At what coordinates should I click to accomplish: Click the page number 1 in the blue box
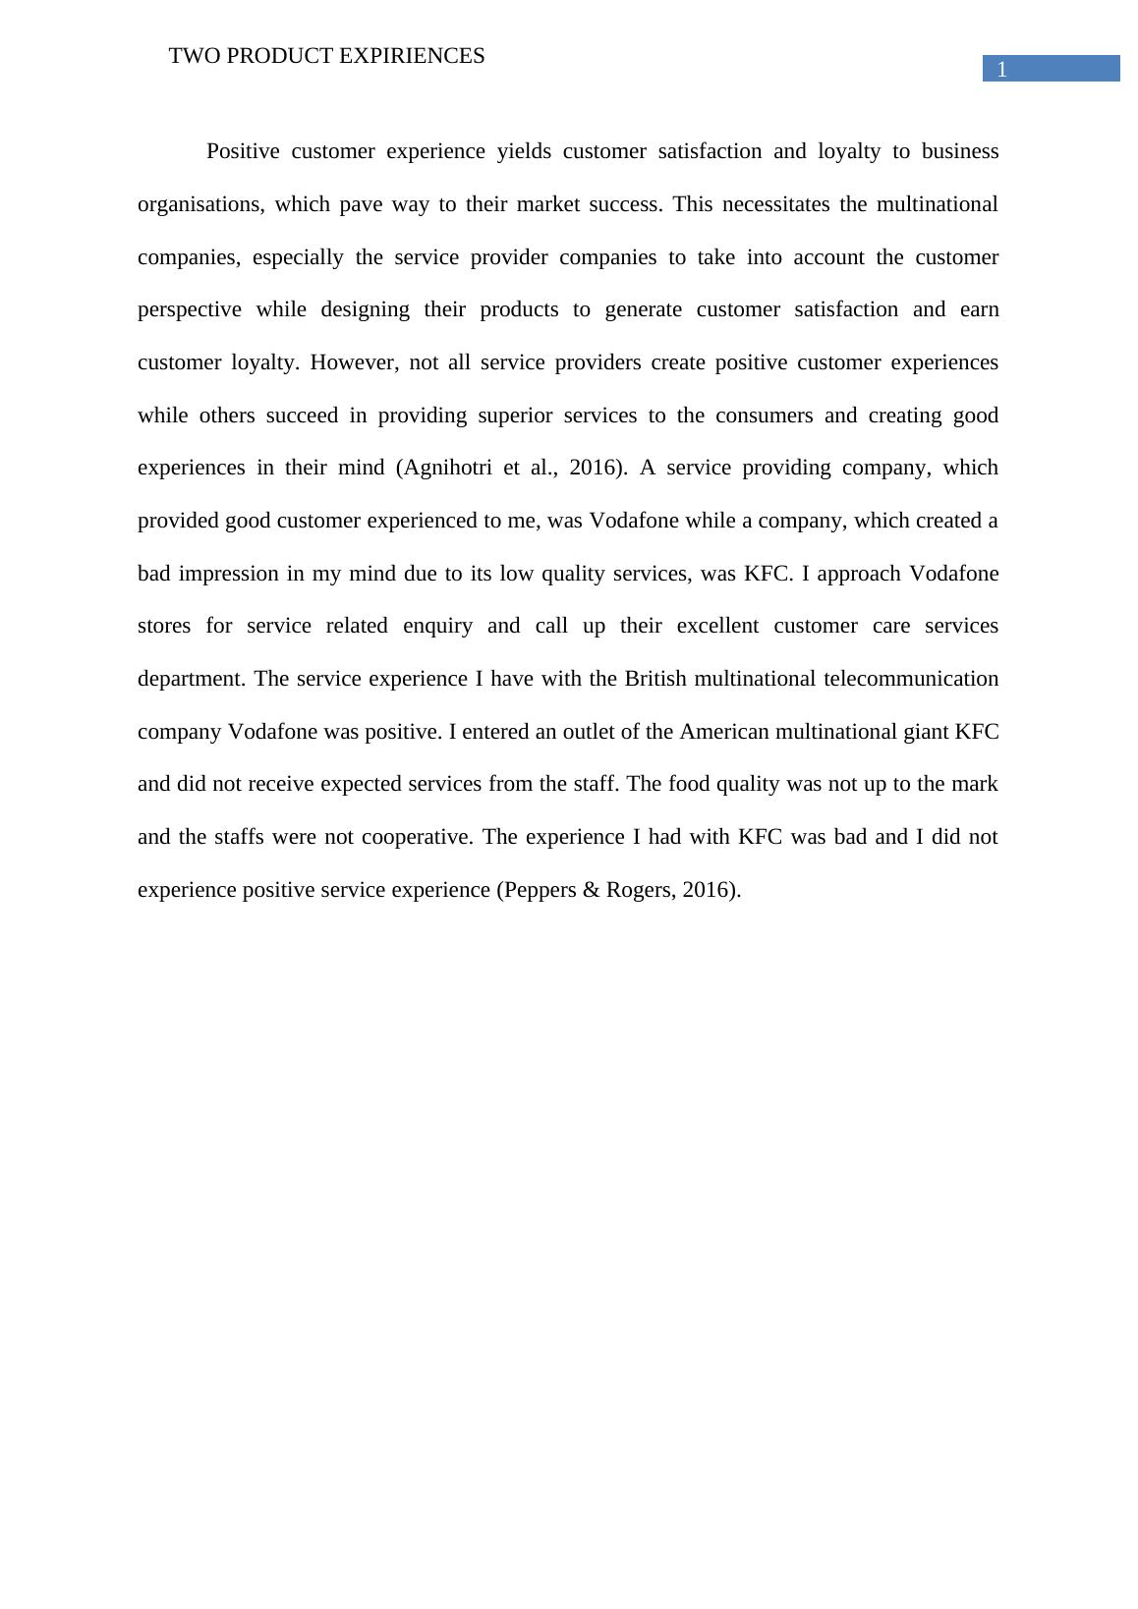coord(1001,70)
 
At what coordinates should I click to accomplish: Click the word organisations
coord(199,204)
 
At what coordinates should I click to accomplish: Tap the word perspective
coord(189,309)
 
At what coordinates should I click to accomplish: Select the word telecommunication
coord(897,679)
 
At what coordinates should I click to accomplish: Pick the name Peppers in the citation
coord(540,890)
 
